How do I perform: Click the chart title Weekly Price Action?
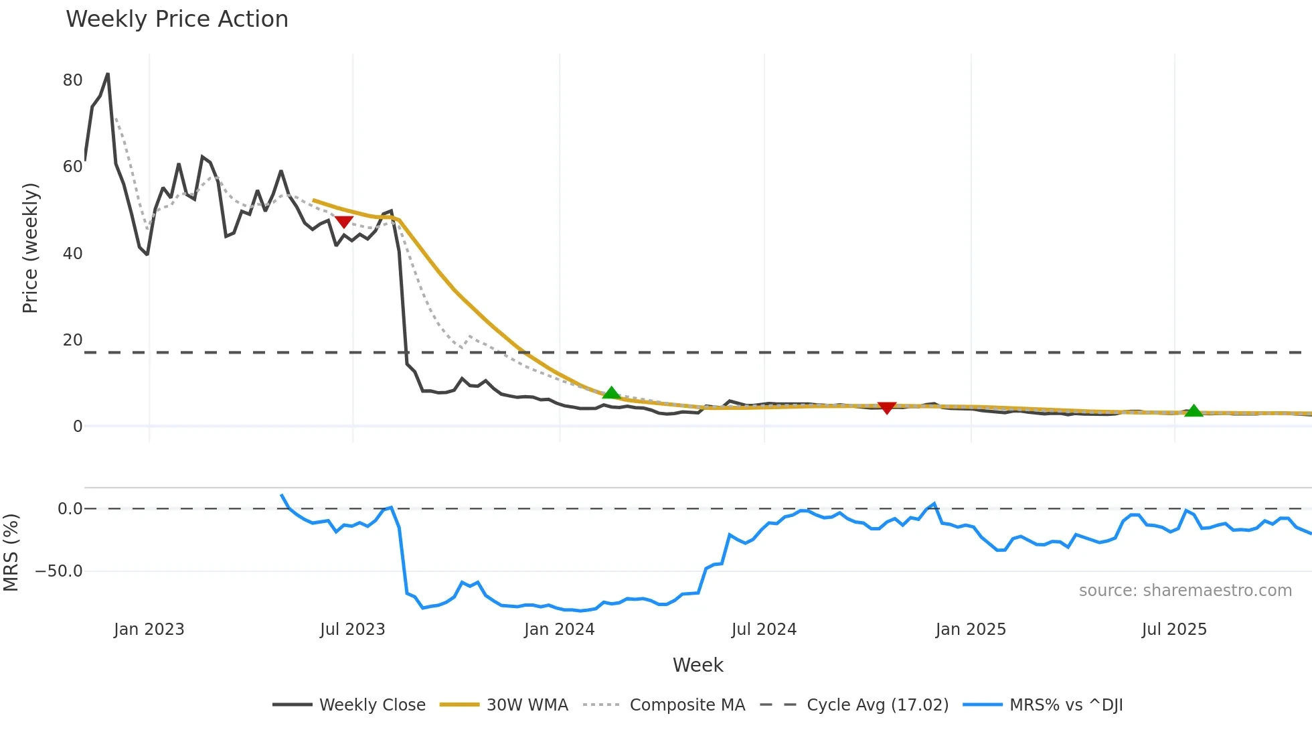point(177,19)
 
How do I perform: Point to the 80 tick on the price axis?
point(72,80)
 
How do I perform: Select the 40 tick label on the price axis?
point(72,254)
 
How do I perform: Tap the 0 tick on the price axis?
point(78,427)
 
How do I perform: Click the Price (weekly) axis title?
point(30,248)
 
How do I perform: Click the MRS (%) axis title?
point(11,552)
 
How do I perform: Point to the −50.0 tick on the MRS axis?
point(59,571)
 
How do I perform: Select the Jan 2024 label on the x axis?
point(559,630)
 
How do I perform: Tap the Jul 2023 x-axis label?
point(352,630)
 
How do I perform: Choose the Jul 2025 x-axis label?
point(1174,630)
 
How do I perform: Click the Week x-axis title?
point(698,665)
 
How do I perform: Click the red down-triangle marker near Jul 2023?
point(343,222)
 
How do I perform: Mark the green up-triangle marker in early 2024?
point(611,393)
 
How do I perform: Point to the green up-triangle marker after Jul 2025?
point(1194,411)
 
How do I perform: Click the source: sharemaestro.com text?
point(1185,591)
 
